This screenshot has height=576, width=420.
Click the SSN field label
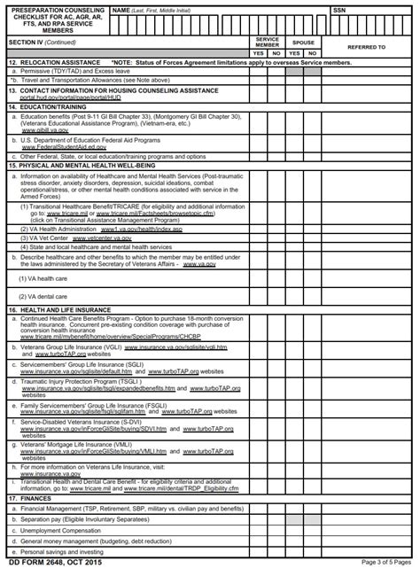[339, 10]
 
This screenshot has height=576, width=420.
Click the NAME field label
[121, 10]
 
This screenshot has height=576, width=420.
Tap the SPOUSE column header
[303, 42]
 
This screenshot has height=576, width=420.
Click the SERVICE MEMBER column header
[268, 42]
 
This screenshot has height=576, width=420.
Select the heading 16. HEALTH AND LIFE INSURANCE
[60, 309]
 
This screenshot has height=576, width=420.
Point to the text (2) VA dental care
[43, 296]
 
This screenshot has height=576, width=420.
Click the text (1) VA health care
[43, 277]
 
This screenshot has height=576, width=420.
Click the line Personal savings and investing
[64, 551]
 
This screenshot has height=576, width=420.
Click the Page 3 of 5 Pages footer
[385, 563]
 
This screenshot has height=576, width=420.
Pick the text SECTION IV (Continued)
[42, 42]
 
